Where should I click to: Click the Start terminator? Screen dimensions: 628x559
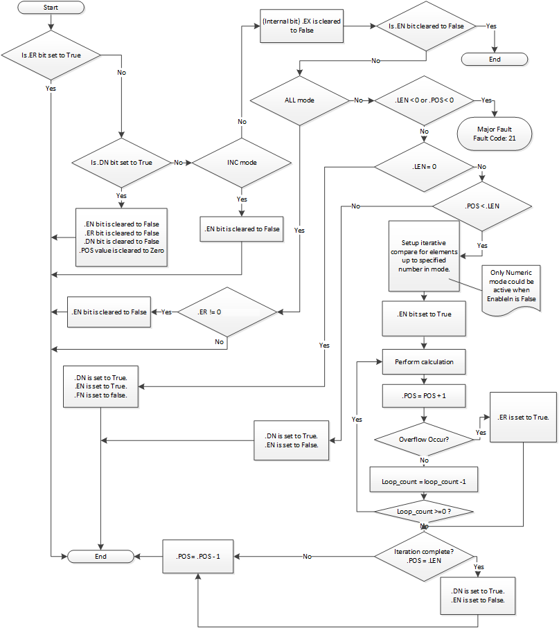[51, 8]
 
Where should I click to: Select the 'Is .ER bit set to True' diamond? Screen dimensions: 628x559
[51, 55]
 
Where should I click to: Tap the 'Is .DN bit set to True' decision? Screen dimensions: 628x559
[121, 163]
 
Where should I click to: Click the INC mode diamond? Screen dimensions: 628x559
[241, 163]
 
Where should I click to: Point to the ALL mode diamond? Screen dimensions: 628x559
[299, 100]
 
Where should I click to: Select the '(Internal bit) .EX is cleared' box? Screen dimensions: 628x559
[301, 26]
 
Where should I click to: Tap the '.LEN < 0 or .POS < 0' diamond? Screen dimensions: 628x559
[423, 100]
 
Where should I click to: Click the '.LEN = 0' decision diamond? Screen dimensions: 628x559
[424, 167]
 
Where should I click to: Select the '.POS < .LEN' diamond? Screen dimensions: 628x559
[482, 206]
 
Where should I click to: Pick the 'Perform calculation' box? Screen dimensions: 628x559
[424, 361]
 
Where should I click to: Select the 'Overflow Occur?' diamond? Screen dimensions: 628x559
[424, 438]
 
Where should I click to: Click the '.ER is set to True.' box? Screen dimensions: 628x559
[523, 417]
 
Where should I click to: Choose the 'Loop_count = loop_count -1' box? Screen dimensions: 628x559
[424, 480]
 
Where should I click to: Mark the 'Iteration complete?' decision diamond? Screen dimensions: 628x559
[424, 555]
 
